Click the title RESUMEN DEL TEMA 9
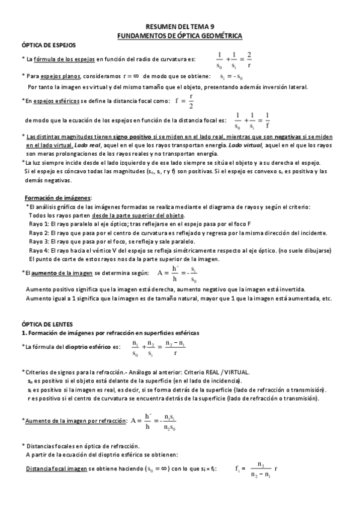click(x=180, y=27)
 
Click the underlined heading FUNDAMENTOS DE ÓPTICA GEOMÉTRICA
click(x=180, y=36)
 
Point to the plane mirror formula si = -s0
click(x=231, y=77)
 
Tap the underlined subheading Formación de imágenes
click(x=58, y=198)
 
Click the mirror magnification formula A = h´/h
click(x=178, y=274)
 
